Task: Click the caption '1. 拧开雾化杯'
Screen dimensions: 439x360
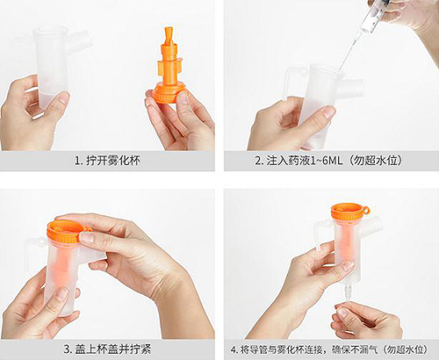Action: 108,161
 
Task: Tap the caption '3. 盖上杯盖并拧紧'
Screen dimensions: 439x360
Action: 107,349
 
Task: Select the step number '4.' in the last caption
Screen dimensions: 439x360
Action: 234,349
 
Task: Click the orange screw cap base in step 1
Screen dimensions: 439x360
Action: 169,92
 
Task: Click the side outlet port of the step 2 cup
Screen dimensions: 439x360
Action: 353,87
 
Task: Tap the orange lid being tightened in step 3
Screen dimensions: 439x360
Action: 65,231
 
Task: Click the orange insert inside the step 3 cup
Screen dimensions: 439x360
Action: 63,261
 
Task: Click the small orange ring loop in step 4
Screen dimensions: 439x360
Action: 365,210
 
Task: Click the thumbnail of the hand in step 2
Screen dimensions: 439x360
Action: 329,112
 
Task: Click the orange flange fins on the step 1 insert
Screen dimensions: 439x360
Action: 169,67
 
